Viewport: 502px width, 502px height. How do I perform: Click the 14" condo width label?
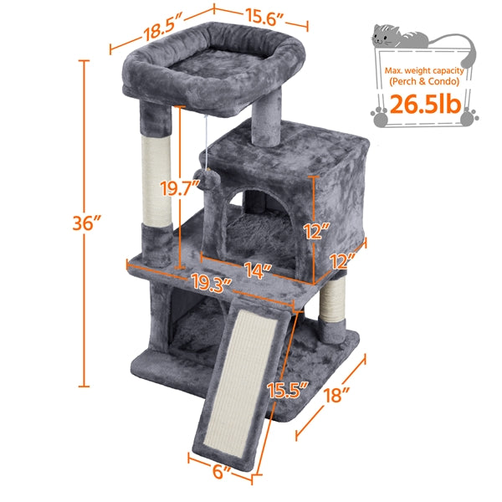click(x=260, y=269)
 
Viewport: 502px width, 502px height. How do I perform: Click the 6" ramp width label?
click(x=221, y=470)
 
